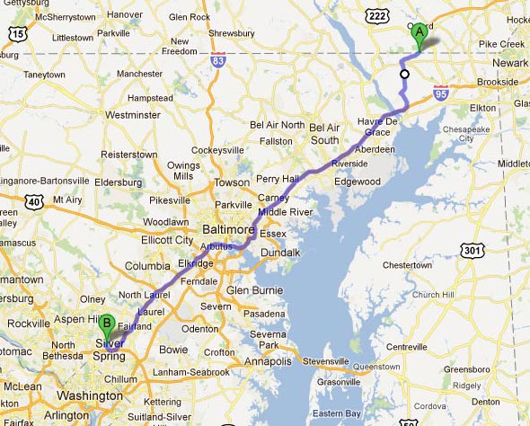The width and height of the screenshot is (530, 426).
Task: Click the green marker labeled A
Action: (x=418, y=33)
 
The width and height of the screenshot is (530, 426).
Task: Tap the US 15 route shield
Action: (x=17, y=33)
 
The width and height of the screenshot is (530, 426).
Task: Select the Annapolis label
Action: (x=269, y=361)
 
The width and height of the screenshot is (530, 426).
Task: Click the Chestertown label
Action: (x=408, y=265)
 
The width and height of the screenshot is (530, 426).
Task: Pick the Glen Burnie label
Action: (x=255, y=290)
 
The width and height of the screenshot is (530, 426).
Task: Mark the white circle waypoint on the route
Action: (x=404, y=75)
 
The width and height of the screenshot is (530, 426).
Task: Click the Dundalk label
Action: (x=280, y=253)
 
